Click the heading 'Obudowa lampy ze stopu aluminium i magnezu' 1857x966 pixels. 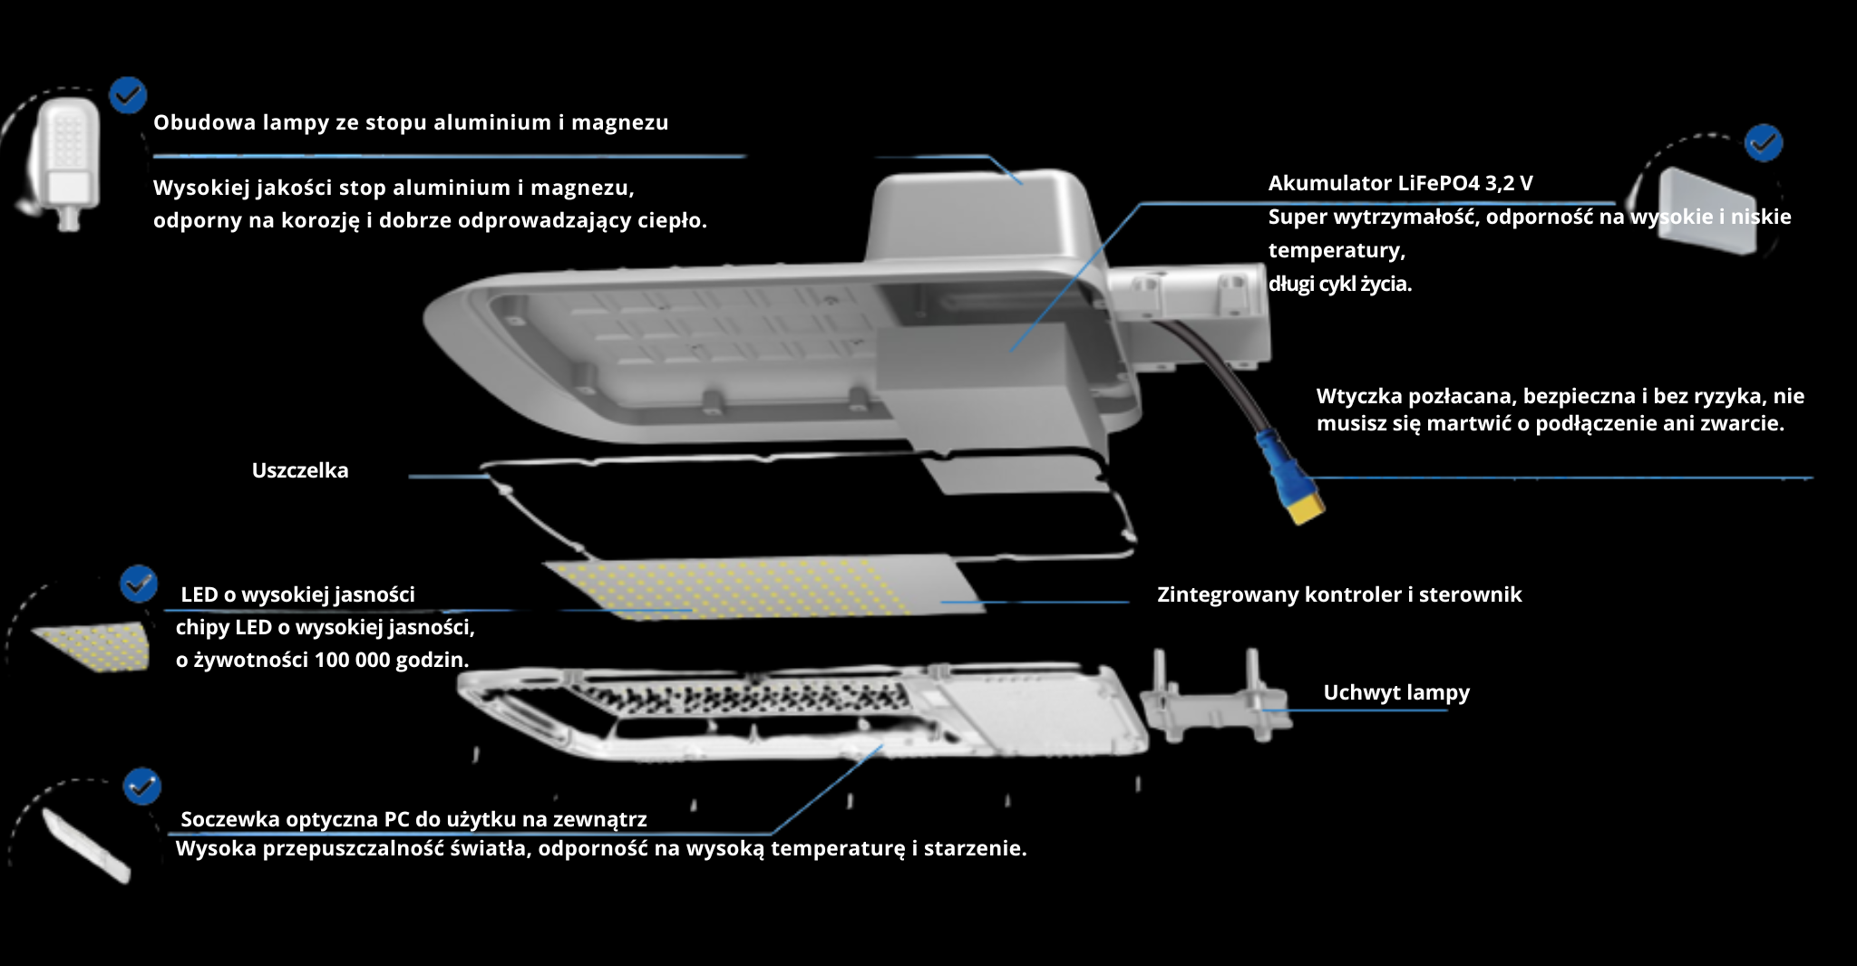tap(411, 122)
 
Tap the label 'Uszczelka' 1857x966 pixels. tap(300, 470)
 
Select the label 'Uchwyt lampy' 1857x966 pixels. tap(1396, 692)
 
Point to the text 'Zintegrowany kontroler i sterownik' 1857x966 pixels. tap(1339, 594)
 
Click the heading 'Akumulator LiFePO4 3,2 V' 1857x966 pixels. tap(1400, 183)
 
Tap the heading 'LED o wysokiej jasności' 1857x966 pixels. tap(297, 594)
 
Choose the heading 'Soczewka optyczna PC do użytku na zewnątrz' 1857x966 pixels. tap(413, 819)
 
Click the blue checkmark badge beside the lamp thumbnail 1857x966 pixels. tap(128, 94)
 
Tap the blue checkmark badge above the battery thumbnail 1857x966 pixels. tap(1764, 143)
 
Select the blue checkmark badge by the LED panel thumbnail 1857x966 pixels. tap(139, 584)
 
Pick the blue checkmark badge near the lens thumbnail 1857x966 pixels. tap(141, 787)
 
